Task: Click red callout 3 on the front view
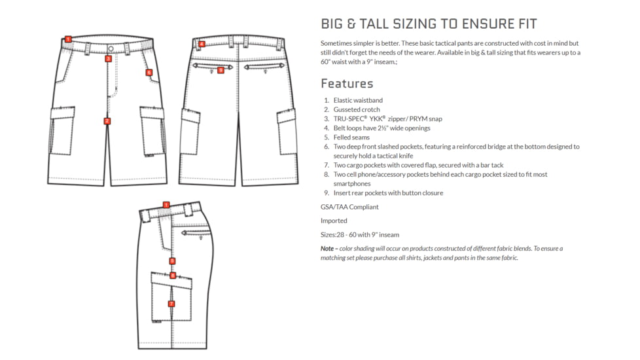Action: pos(108,59)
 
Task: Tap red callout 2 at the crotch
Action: pos(107,121)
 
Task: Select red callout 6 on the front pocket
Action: pos(149,73)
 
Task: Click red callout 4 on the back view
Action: pos(202,45)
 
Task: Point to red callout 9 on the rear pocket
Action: pos(221,70)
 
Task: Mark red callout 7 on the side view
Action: pos(171,304)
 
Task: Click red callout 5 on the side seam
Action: pos(172,261)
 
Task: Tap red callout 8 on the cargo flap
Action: pos(173,276)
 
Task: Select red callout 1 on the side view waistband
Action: pos(166,205)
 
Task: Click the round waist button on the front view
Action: pos(111,49)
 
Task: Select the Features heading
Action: pos(347,84)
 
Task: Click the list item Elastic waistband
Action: pos(358,100)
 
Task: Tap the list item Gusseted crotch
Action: pos(357,110)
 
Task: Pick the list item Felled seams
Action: pos(351,137)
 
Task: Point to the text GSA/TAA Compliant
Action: pos(349,207)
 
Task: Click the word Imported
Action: pos(334,221)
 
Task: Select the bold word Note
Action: pos(327,249)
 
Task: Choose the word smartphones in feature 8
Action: pos(352,184)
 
